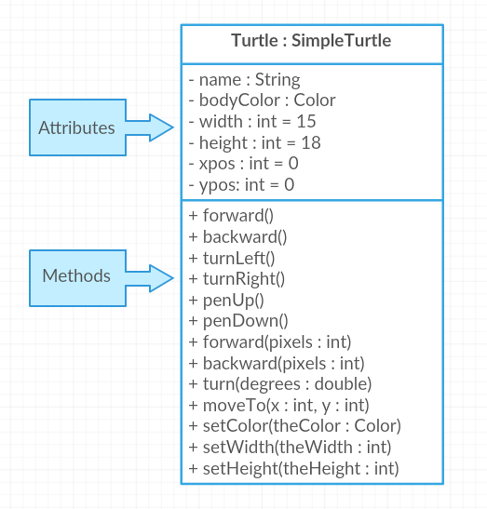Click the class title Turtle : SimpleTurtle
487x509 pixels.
pos(311,41)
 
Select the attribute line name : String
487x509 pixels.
pos(244,79)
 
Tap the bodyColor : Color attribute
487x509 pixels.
pos(262,100)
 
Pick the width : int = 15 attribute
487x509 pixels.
pos(252,121)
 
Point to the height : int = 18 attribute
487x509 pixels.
pos(255,142)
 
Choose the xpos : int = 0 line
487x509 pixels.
pos(243,164)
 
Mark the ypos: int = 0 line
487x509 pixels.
pos(241,185)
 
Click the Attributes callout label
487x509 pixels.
pos(76,127)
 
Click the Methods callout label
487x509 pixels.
pos(76,276)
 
